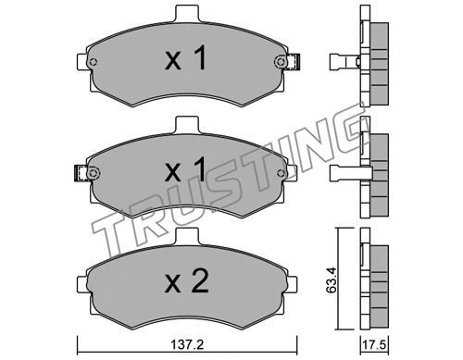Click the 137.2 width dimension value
coord(187,344)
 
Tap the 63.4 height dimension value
coord(331,280)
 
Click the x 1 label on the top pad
coord(185,57)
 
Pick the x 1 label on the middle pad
coord(185,169)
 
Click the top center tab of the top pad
coord(188,13)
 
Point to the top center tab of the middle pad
coord(188,125)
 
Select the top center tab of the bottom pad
coord(188,236)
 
